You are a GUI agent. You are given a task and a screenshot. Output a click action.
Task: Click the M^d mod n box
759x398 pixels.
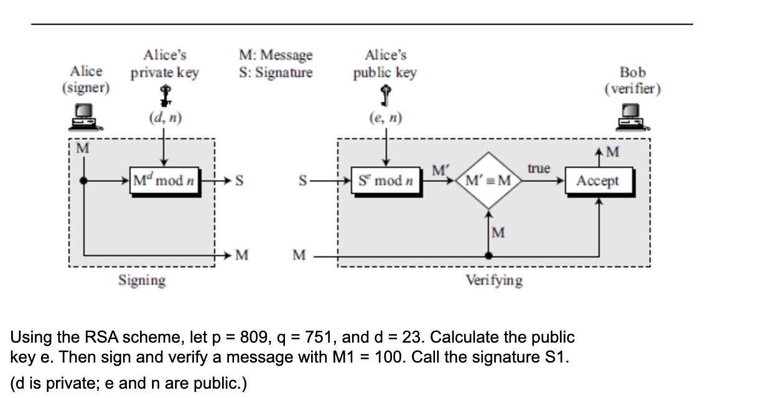point(164,182)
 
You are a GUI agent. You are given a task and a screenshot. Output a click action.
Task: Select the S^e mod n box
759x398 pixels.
point(386,182)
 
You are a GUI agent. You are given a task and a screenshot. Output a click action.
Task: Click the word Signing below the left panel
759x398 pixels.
point(142,280)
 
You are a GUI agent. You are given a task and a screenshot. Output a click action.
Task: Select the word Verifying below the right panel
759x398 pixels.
point(495,280)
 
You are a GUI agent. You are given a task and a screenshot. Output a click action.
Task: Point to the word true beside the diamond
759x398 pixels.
point(539,169)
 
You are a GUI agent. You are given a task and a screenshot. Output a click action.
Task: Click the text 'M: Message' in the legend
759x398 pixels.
point(276,55)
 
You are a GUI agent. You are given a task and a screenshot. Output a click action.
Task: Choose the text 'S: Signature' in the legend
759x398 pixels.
point(276,72)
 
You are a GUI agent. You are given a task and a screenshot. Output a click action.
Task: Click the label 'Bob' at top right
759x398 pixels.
point(632,72)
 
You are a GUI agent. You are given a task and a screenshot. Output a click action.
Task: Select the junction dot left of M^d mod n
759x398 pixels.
point(83,181)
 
